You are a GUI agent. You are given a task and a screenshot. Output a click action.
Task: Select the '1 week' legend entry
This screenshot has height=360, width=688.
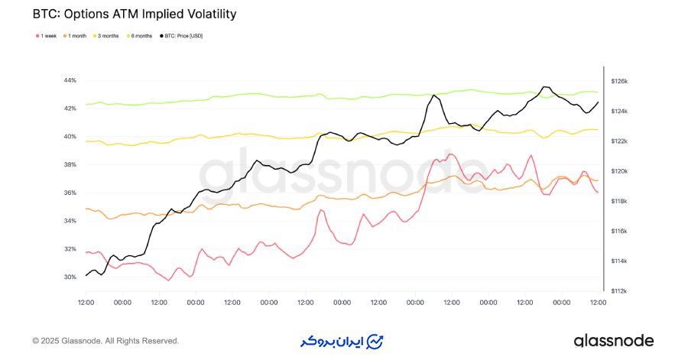(x=48, y=36)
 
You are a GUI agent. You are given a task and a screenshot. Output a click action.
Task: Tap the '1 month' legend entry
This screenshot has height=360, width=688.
(x=76, y=36)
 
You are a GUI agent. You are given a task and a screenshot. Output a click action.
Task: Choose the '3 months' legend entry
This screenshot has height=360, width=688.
(x=109, y=36)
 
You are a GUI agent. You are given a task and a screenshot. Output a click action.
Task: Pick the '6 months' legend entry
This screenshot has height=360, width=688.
(x=142, y=36)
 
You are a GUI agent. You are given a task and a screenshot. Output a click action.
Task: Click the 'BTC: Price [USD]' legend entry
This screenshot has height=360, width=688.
(x=182, y=36)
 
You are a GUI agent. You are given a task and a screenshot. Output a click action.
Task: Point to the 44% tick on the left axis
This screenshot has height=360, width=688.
(x=70, y=80)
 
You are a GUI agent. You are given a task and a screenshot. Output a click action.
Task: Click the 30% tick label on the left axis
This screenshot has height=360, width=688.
(x=70, y=277)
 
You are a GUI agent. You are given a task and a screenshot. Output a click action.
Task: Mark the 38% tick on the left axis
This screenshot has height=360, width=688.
(x=70, y=164)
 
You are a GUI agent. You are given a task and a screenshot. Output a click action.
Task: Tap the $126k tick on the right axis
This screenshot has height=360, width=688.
(x=619, y=81)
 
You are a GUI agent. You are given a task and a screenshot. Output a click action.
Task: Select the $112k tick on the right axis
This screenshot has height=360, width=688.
(x=619, y=291)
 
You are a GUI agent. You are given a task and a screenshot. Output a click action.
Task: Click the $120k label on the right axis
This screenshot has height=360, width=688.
(x=619, y=171)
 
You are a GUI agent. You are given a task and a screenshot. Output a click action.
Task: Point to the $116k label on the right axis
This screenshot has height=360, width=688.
(x=619, y=231)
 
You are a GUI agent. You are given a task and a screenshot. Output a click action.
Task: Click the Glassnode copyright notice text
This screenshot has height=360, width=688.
(x=105, y=341)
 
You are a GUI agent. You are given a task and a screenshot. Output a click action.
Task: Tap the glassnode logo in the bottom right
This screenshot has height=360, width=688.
(x=614, y=340)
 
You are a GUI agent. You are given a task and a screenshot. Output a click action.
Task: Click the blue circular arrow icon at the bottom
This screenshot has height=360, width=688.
(x=375, y=340)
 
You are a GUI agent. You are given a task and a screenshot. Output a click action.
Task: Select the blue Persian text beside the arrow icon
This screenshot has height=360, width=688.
(x=336, y=341)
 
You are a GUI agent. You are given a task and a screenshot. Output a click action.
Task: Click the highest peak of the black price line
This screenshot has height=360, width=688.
(x=544, y=87)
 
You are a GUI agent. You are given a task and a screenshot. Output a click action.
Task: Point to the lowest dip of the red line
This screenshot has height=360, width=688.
(x=168, y=281)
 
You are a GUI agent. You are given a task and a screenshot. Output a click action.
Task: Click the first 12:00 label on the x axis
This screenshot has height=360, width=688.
(x=86, y=303)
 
